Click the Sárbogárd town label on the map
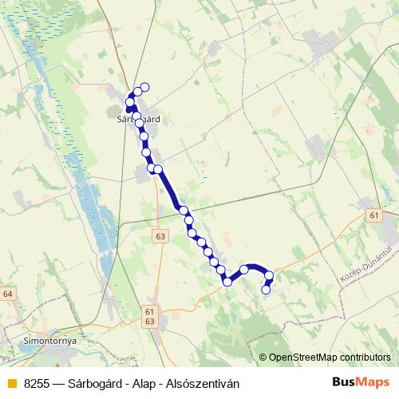[139, 119]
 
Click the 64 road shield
[8, 294]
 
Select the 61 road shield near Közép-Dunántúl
[374, 215]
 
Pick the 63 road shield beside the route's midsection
[161, 236]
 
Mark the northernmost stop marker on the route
[144, 87]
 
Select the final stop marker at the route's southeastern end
[266, 290]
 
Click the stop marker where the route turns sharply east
[227, 281]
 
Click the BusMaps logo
[361, 382]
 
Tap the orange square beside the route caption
[11, 383]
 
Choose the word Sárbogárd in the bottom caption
[94, 383]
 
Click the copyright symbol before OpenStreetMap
[263, 358]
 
